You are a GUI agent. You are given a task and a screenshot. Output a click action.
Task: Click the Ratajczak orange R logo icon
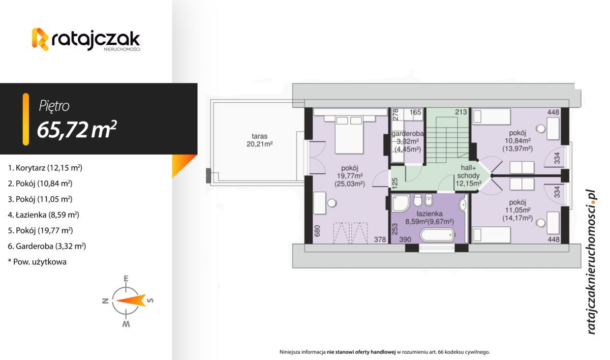(40, 39)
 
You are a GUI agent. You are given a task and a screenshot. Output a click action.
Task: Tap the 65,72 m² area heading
(77, 130)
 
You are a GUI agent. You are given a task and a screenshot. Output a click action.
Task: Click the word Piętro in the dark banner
(54, 106)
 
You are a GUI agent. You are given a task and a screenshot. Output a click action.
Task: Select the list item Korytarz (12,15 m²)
(45, 168)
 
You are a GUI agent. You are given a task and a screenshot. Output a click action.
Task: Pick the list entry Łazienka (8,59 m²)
(43, 215)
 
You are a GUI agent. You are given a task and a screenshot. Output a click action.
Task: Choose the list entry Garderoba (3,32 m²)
(47, 246)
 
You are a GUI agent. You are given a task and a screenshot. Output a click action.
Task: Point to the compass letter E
(126, 278)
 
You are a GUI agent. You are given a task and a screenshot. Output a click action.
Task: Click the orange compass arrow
(131, 301)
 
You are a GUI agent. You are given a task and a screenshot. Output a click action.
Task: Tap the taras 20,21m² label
(260, 140)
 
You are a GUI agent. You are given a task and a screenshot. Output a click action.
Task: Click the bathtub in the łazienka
(437, 235)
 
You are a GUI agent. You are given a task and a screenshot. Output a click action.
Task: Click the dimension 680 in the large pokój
(317, 231)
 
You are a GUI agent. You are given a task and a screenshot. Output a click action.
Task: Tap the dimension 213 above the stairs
(461, 112)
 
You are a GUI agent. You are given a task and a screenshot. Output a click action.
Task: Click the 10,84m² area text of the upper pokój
(517, 141)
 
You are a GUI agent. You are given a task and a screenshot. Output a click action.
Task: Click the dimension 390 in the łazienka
(405, 239)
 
